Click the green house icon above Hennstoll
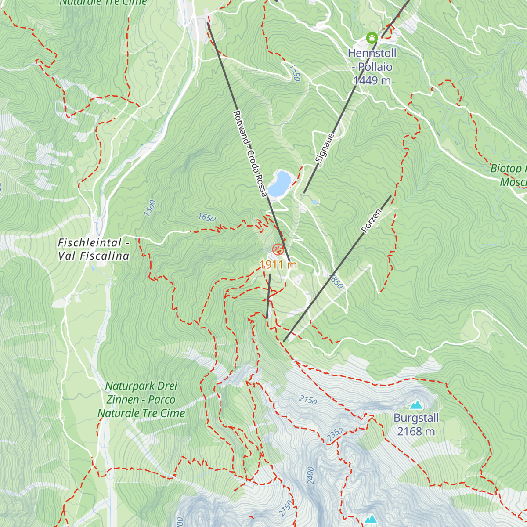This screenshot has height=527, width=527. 372,38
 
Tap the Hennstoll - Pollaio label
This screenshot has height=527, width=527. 372,60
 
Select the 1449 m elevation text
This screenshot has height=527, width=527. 372,80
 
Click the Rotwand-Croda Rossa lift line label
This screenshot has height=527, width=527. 249,154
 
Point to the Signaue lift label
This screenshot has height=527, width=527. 325,148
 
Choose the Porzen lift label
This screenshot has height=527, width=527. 371,221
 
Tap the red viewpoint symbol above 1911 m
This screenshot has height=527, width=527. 278,250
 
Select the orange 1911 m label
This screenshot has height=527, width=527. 278,265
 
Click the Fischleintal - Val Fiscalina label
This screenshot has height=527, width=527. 94,249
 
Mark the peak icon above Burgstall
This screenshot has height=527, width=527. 415,404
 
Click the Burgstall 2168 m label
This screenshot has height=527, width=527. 416,425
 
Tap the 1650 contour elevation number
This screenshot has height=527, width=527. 206,217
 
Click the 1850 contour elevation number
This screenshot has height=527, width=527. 336,281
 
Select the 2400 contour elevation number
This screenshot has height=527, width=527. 310,475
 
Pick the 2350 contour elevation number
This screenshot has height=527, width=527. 335,434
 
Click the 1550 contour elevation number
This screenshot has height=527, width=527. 294,73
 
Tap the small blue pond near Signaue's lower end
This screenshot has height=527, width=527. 314,202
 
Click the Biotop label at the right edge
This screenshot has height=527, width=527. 509,169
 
